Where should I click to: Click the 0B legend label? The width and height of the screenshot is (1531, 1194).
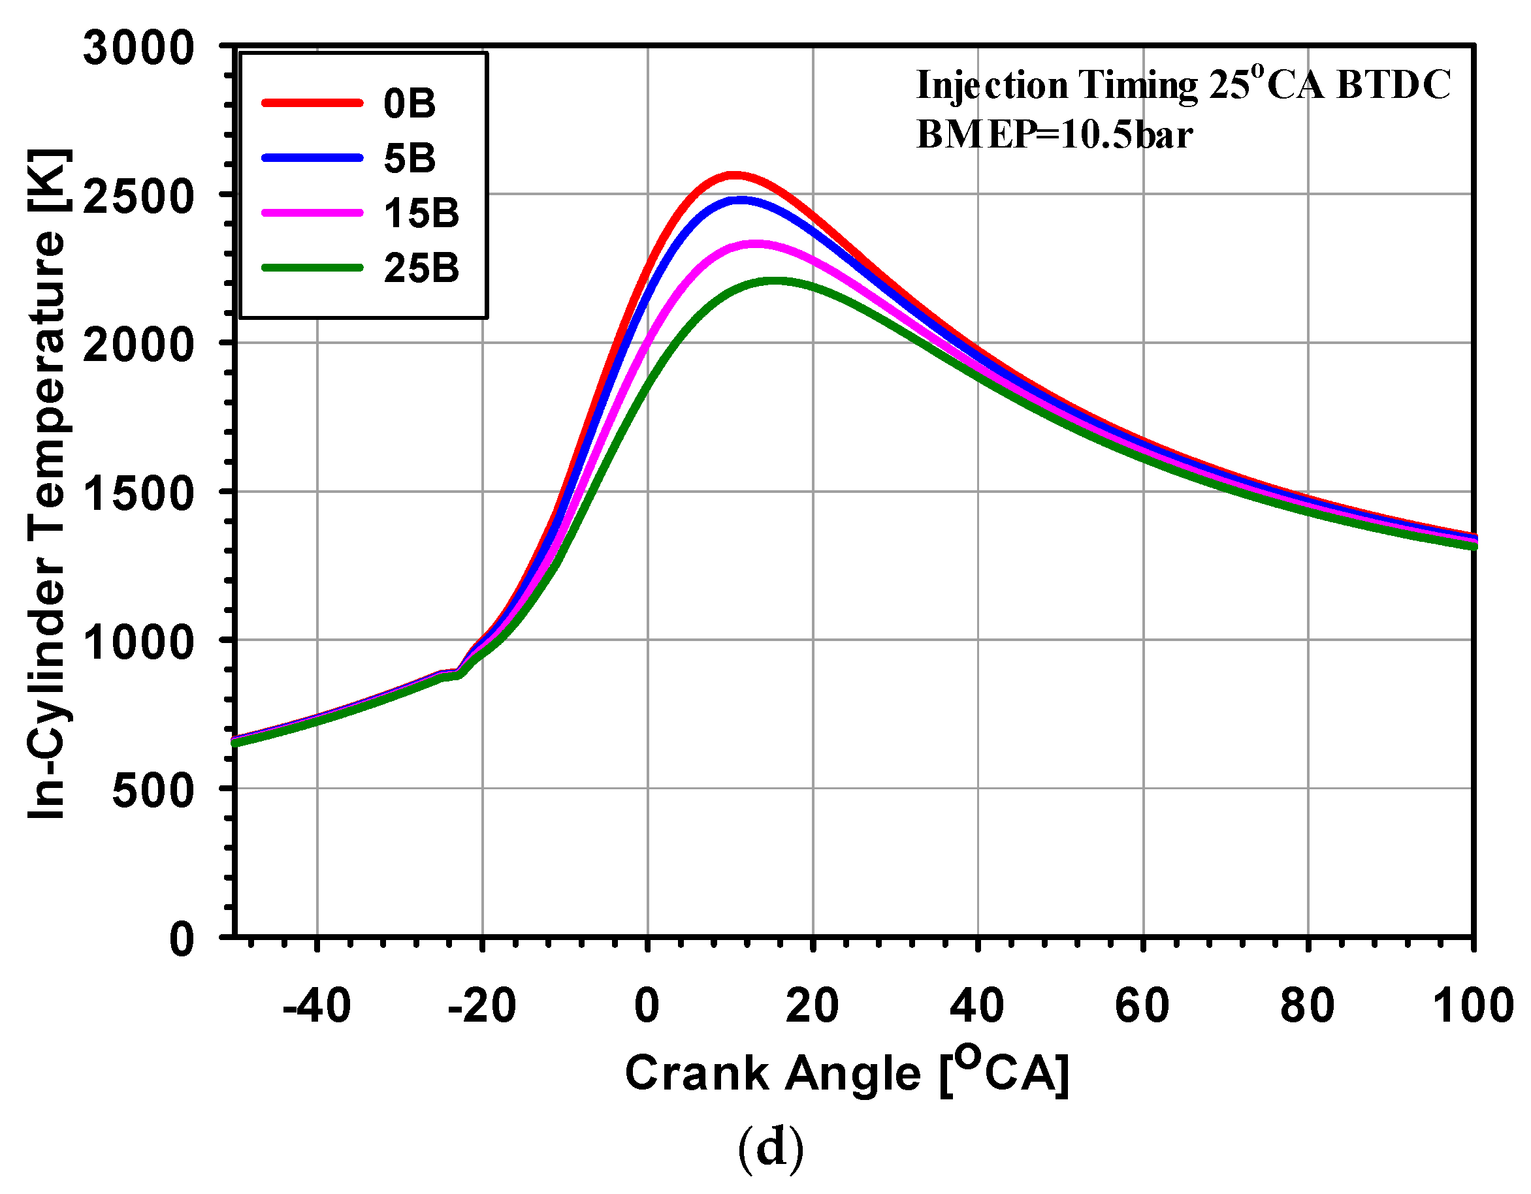[410, 104]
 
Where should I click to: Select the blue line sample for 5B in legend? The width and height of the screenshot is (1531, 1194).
[312, 158]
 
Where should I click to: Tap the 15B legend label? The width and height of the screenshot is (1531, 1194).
[421, 213]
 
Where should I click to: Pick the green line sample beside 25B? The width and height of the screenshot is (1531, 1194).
[312, 268]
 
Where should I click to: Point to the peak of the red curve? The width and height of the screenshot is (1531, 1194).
[733, 174]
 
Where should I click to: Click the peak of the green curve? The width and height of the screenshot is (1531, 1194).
[775, 281]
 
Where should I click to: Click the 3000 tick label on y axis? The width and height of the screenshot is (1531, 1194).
[138, 48]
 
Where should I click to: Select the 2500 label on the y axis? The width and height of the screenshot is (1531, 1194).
[138, 197]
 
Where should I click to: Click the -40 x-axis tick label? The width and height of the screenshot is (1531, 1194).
[316, 1005]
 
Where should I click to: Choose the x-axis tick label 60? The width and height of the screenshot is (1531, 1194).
[1142, 1005]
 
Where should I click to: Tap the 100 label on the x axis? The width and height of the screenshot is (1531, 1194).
[1472, 1005]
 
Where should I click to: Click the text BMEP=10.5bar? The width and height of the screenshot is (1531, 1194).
[1054, 134]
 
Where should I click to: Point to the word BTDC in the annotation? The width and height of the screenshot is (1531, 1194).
[1394, 86]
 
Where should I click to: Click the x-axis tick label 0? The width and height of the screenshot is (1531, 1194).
[647, 1005]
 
